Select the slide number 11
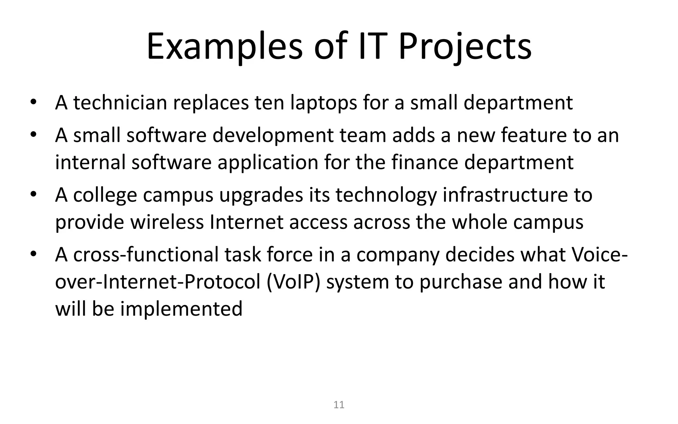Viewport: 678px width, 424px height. [339, 405]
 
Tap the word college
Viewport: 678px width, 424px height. [105, 195]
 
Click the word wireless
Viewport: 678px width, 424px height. [167, 222]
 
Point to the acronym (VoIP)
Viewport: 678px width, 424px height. [293, 282]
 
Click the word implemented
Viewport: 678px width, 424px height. [181, 309]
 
